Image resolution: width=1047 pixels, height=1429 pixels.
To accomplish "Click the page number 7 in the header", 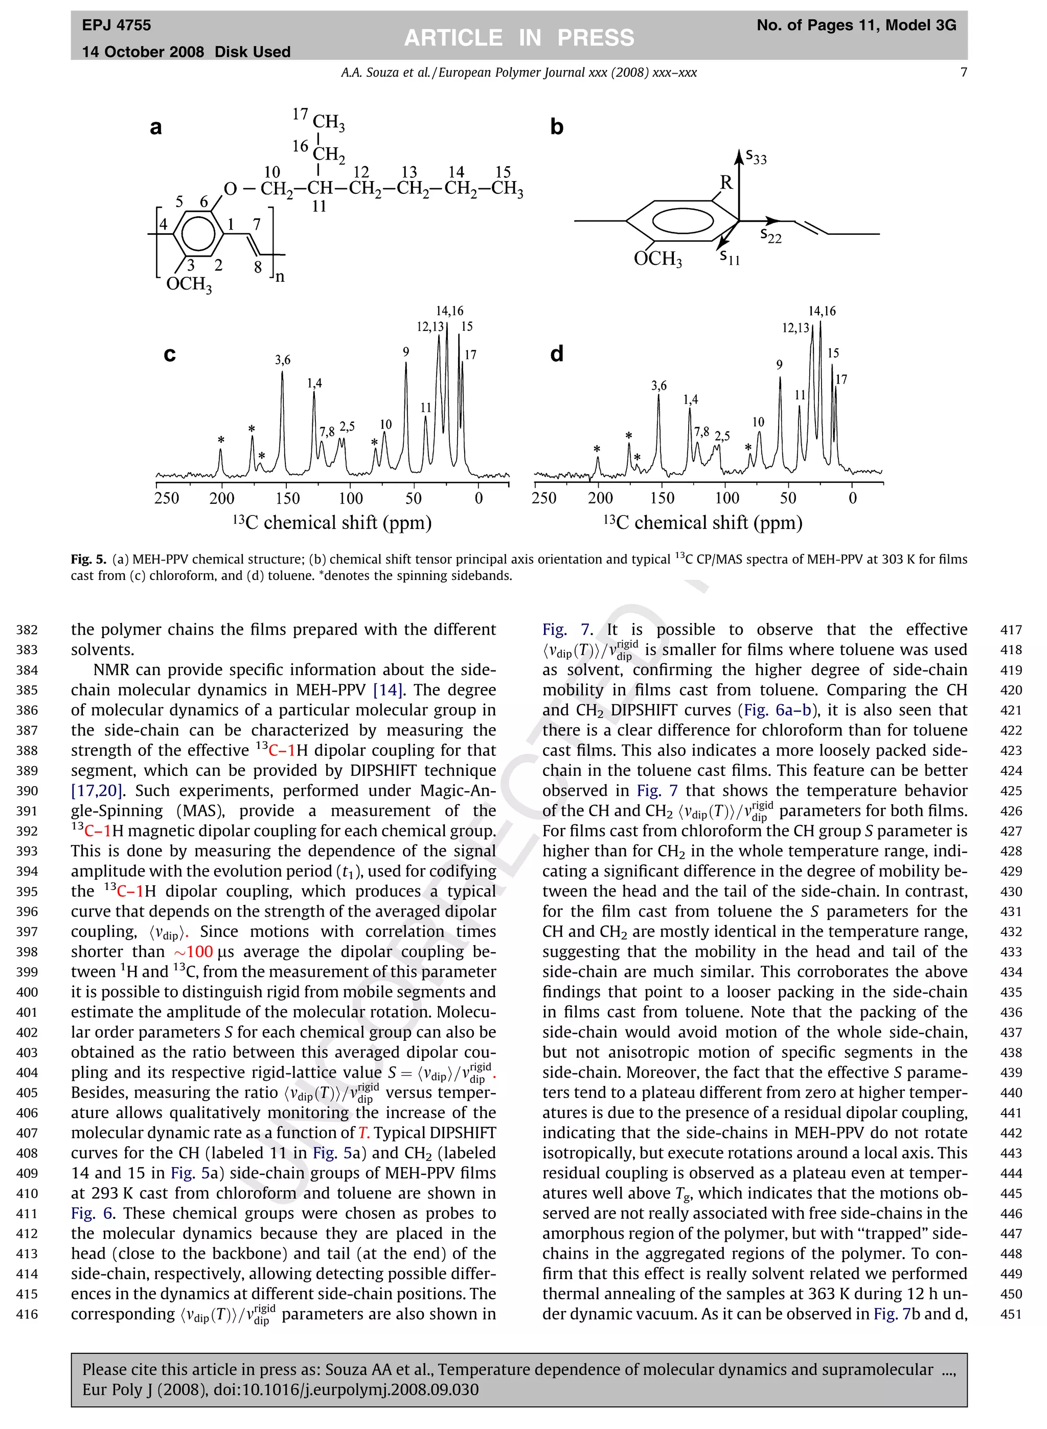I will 963,72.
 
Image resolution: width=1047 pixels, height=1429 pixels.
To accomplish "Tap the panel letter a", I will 156,127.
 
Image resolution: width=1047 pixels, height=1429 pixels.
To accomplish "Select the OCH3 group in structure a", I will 189,284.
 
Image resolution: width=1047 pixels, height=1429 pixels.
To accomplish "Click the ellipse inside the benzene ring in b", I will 682,220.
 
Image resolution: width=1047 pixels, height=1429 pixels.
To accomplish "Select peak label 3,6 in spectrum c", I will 283,360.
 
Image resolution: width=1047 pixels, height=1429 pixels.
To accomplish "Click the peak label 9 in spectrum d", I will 780,365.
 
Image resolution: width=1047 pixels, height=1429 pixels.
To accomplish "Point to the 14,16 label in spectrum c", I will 449,310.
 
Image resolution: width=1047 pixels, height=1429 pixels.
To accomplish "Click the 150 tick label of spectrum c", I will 287,498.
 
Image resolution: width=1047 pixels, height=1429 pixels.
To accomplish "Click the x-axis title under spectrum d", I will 702,522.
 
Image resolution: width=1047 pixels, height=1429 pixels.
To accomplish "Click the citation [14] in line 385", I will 389,690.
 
